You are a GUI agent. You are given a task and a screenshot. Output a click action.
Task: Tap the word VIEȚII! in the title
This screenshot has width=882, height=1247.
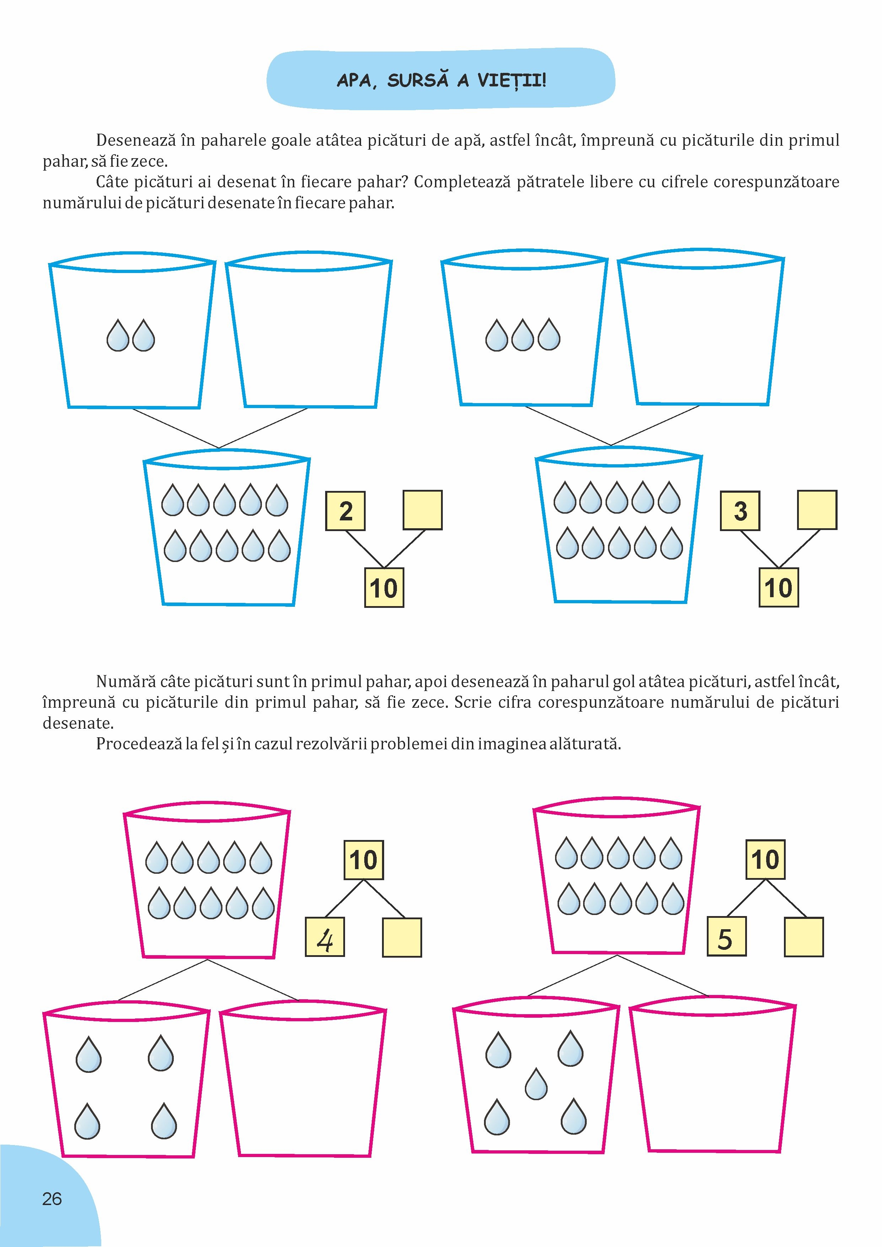(x=512, y=80)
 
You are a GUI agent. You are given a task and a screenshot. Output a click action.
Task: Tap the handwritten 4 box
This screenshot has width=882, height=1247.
(x=325, y=937)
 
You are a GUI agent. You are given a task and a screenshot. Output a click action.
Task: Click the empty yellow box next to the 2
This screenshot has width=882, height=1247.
(x=423, y=510)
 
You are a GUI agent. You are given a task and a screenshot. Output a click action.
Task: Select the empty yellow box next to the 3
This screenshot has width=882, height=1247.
(x=817, y=510)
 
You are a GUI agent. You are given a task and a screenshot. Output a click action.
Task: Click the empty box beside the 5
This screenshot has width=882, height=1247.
(x=804, y=937)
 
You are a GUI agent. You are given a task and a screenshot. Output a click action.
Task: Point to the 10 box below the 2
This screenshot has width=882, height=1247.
(x=384, y=588)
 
